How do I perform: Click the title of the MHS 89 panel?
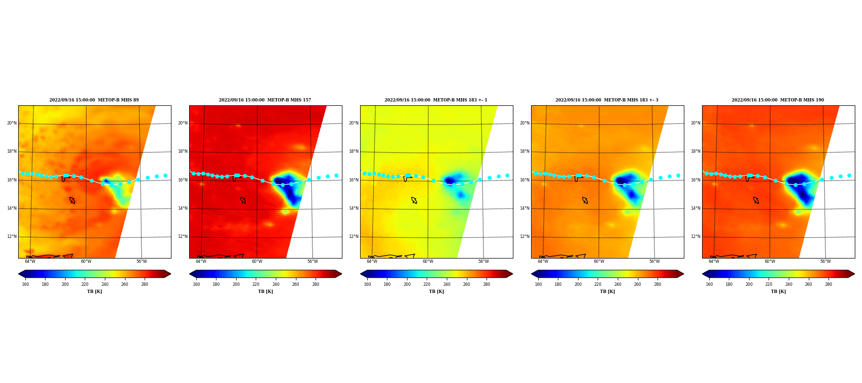[94, 100]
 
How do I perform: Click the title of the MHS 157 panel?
[265, 100]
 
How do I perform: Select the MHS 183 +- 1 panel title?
[436, 100]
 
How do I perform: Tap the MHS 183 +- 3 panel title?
[607, 100]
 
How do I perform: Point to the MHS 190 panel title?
[778, 100]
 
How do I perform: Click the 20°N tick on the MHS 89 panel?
[12, 123]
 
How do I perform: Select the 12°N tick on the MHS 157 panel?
[183, 237]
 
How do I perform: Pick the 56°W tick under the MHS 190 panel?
[826, 261]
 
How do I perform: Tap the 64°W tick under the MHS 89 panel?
[30, 261]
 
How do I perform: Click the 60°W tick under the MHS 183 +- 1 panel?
[428, 261]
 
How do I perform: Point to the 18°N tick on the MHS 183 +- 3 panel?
[525, 151]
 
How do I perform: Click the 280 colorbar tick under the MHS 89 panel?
[145, 284]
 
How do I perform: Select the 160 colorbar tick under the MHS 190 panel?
[709, 284]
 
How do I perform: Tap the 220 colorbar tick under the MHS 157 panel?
[256, 284]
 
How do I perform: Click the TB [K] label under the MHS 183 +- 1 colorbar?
[436, 292]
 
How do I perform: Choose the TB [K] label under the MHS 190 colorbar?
[778, 292]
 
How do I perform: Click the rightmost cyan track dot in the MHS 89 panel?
[165, 176]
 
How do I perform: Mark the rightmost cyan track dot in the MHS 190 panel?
[849, 176]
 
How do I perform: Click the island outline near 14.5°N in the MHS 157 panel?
[243, 200]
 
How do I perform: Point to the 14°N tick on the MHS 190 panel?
[696, 208]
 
